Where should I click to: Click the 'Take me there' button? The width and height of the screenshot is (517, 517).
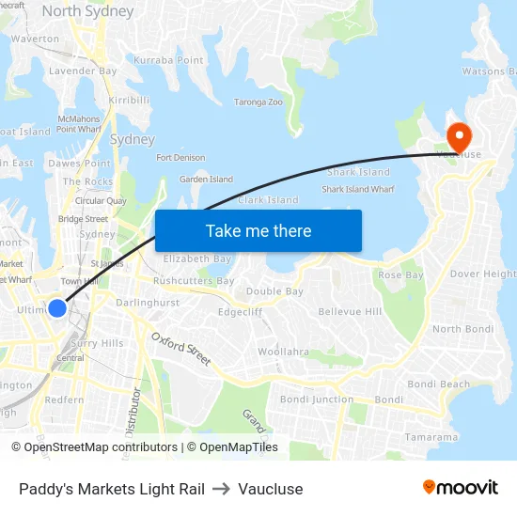pyautogui.click(x=258, y=230)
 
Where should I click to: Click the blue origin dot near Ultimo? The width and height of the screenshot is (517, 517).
pyautogui.click(x=57, y=308)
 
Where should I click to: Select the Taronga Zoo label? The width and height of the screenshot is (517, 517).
pyautogui.click(x=258, y=102)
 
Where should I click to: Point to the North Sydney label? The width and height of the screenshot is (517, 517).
pyautogui.click(x=87, y=12)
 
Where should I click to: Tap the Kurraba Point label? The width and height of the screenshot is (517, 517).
pyautogui.click(x=168, y=60)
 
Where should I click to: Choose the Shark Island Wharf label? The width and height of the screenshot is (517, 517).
pyautogui.click(x=357, y=189)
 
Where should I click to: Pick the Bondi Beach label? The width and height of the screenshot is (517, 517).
pyautogui.click(x=438, y=384)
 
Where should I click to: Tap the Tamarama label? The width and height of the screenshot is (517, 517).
pyautogui.click(x=431, y=437)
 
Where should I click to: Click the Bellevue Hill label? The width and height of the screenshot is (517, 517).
pyautogui.click(x=350, y=311)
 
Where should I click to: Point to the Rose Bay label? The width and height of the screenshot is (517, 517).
pyautogui.click(x=400, y=275)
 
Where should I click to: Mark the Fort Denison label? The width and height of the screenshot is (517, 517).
pyautogui.click(x=180, y=158)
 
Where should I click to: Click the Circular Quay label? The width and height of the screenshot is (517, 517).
pyautogui.click(x=101, y=200)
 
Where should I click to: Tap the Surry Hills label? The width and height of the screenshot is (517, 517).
pyautogui.click(x=98, y=343)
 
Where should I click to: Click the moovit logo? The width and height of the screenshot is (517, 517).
pyautogui.click(x=460, y=488)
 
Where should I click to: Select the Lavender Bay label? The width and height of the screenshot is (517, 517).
pyautogui.click(x=83, y=70)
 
